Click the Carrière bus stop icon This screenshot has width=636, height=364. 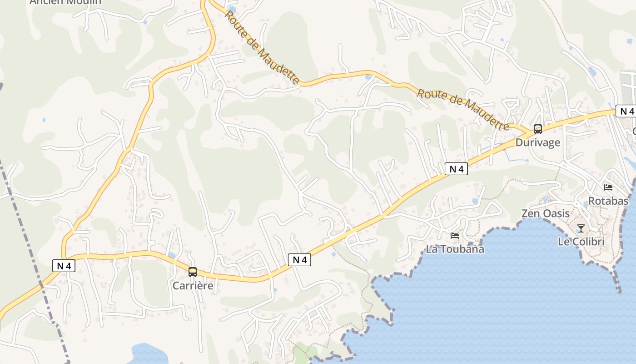(x=193, y=272)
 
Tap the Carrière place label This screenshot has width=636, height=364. (x=193, y=286)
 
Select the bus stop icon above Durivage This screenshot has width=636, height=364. (x=538, y=129)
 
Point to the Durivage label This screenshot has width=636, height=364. (x=537, y=142)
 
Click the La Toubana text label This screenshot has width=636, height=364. (x=455, y=249)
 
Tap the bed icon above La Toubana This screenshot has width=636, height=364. (x=455, y=236)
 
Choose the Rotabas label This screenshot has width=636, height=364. (x=608, y=201)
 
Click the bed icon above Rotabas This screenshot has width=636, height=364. (x=608, y=187)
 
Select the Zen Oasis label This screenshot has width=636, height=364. (x=545, y=213)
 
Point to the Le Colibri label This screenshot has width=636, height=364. (x=581, y=242)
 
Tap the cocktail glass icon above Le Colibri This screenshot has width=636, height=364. (x=581, y=228)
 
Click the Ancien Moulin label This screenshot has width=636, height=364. (x=65, y=2)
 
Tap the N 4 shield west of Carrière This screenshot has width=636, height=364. (x=64, y=266)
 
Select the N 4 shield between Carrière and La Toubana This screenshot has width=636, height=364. (x=299, y=260)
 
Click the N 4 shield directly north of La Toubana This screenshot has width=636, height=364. (x=456, y=169)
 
